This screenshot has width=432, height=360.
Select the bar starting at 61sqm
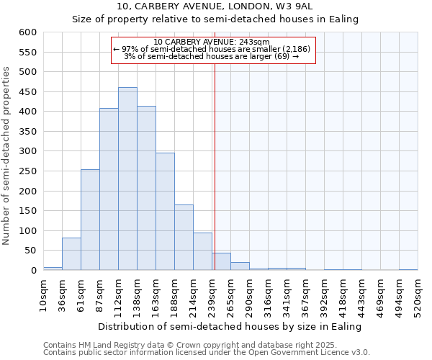pyautogui.click(x=90, y=220)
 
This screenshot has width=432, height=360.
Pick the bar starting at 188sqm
pyautogui.click(x=184, y=238)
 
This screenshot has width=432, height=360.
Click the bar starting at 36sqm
pyautogui.click(x=71, y=253)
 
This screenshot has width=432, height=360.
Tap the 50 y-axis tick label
pyautogui.click(x=30, y=251)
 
